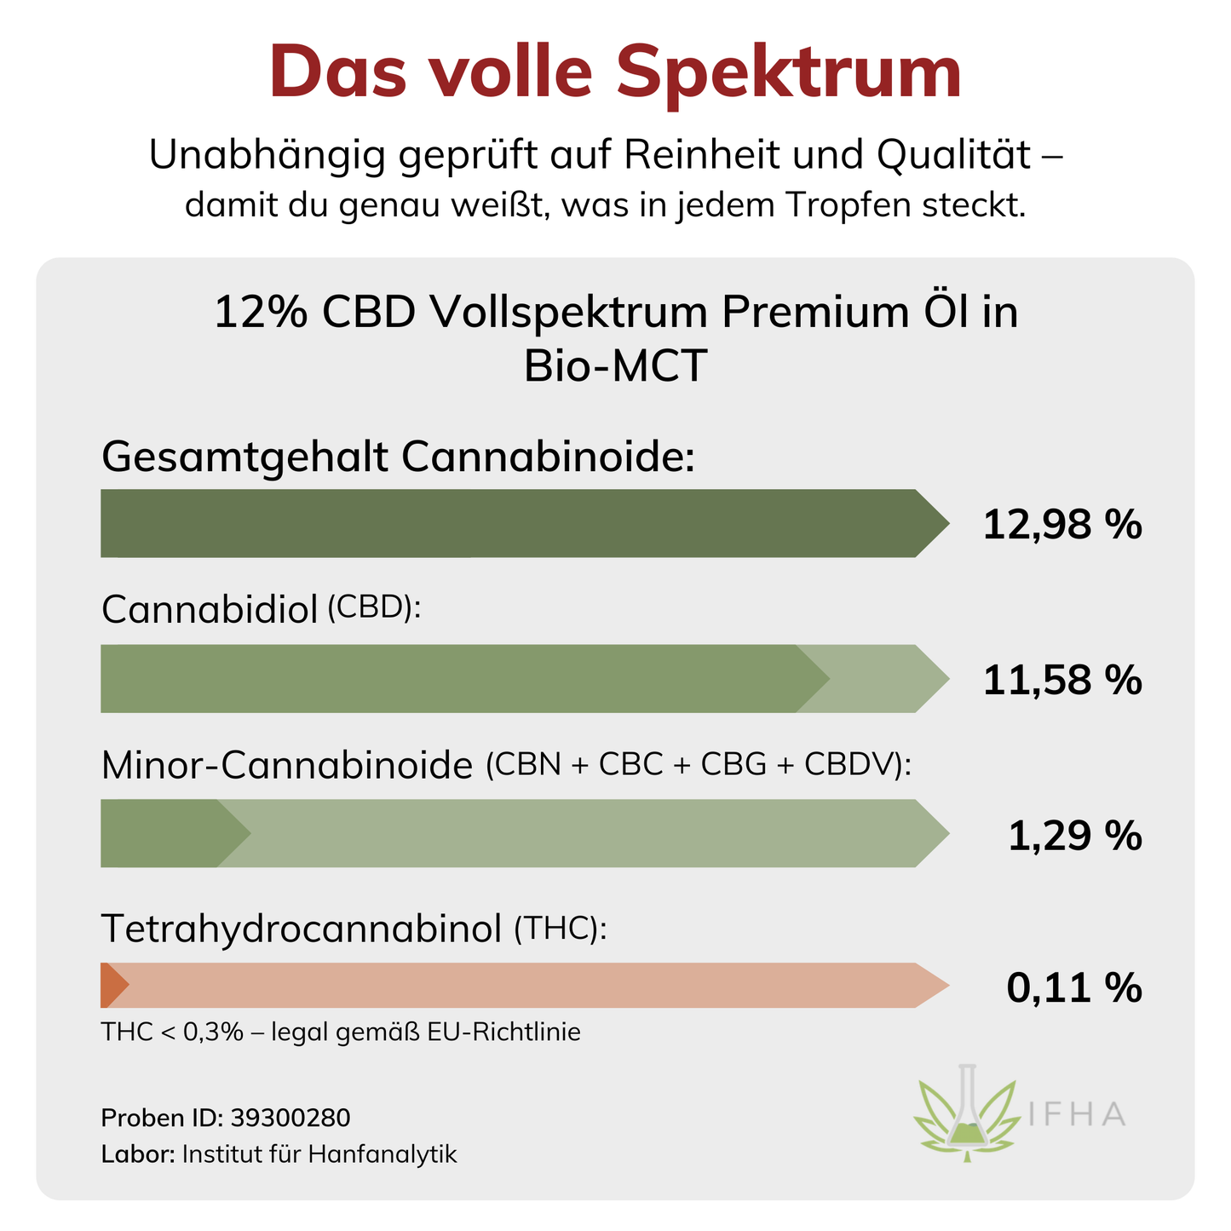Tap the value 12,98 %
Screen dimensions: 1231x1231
point(1061,524)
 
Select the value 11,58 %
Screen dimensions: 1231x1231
point(1061,680)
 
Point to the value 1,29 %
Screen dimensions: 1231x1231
point(1074,836)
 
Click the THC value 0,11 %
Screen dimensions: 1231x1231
point(1073,988)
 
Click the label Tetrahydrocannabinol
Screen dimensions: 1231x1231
point(302,929)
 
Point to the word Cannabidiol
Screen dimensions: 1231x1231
point(210,610)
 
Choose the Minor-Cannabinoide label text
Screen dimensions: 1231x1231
point(286,766)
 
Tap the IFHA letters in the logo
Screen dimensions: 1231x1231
point(1077,1114)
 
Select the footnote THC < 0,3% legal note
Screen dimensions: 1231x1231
point(340,1033)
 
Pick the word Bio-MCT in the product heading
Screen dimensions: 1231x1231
point(615,366)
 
